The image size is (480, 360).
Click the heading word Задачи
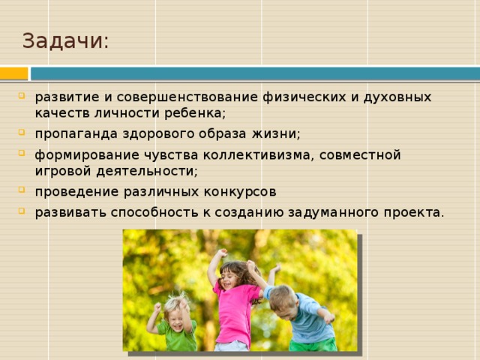65,40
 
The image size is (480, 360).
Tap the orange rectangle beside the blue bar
13,73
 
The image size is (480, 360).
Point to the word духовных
397,97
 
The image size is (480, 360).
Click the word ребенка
195,112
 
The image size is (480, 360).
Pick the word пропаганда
76,134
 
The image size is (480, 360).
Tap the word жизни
276,133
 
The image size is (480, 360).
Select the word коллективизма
259,155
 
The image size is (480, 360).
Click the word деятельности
147,171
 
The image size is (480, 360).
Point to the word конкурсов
240,192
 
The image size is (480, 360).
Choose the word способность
154,212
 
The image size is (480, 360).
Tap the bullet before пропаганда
22,132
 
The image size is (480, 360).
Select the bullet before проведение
22,190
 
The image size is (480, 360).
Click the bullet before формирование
22,153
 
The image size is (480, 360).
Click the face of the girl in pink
228,279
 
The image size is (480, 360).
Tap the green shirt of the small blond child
178,336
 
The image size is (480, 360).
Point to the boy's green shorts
313,344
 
